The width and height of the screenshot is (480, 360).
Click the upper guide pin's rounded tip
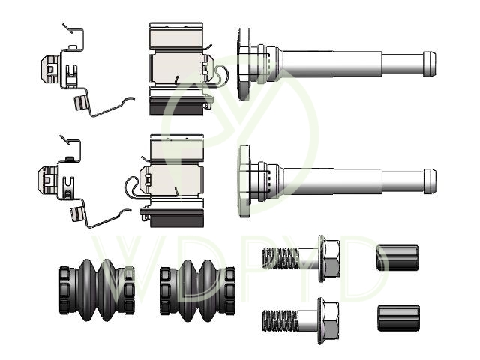[429, 64]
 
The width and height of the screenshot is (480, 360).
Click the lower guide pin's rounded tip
[430, 181]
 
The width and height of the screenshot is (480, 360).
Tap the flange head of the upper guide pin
[244, 64]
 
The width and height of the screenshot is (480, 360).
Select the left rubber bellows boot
[97, 289]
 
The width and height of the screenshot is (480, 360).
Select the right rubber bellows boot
[197, 290]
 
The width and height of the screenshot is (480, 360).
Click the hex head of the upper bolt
[329, 259]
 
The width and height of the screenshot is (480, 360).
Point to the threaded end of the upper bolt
[280, 259]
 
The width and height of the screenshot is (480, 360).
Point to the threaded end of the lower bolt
[280, 320]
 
